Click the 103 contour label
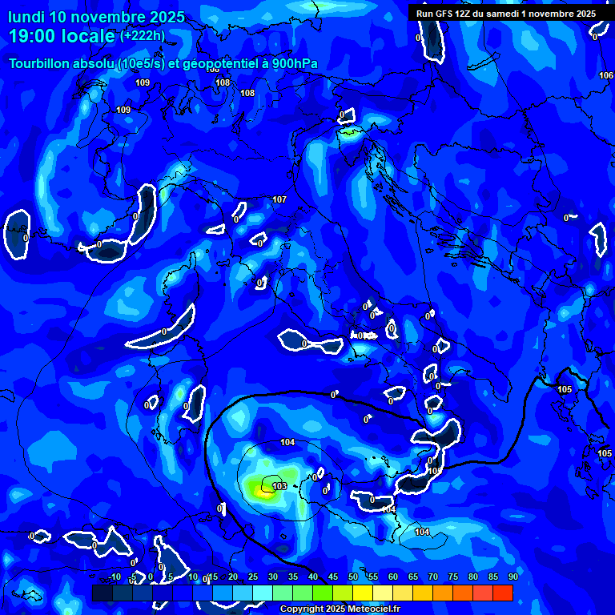coord(279,486)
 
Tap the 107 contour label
coord(279,199)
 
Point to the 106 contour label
coord(606,75)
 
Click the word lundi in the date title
coord(28,17)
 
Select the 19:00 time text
coord(33,36)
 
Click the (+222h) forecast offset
coord(143,35)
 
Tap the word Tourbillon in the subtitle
coord(38,64)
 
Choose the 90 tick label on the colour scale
coord(512,577)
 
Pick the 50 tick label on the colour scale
coord(354,577)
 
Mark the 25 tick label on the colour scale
coord(253,577)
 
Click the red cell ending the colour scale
coord(503,593)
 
